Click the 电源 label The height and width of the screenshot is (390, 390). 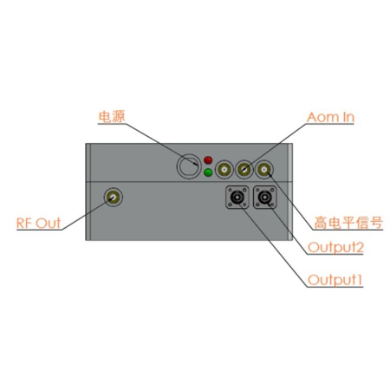112,117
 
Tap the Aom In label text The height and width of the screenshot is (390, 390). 330,117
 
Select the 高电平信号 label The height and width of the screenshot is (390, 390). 348,223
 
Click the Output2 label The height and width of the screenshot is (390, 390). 335,248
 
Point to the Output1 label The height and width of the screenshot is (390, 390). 335,280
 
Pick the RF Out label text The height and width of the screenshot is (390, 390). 39,224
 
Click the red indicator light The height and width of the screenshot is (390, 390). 208,160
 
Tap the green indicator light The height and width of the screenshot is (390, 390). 208,172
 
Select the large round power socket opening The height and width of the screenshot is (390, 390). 189,166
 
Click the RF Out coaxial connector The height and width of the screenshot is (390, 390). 113,197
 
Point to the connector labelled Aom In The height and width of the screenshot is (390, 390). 244,169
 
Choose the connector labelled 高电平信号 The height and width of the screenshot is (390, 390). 264,169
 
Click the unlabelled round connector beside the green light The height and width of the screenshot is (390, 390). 224,169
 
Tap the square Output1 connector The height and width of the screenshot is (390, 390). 237,198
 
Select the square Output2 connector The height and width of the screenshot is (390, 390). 264,198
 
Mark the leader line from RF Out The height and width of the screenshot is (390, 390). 88,214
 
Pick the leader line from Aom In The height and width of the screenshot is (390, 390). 276,146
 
